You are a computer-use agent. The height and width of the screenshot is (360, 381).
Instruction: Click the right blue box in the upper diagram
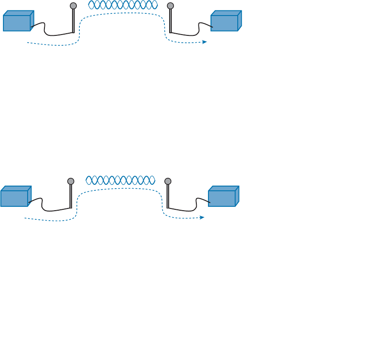(225, 22)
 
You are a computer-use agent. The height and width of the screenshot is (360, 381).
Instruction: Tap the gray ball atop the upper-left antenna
(73, 6)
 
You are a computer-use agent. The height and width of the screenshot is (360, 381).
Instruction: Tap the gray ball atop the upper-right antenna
(170, 6)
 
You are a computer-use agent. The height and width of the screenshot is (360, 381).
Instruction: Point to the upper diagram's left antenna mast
(73, 20)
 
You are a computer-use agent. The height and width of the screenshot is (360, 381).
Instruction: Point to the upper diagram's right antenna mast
(170, 20)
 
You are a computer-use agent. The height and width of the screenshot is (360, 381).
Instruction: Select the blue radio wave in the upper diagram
(123, 5)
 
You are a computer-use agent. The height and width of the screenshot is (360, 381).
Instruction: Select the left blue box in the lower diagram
(15, 197)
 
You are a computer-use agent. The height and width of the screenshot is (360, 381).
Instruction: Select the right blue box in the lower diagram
(223, 197)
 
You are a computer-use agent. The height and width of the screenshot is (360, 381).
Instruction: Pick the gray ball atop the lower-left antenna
(71, 181)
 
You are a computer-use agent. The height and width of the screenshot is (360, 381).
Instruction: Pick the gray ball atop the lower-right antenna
(168, 181)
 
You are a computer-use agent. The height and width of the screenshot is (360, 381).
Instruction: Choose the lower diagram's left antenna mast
(71, 196)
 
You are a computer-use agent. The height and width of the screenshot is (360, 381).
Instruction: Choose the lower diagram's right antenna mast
(168, 196)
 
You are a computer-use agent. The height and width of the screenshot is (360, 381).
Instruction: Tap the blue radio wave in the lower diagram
(120, 180)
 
